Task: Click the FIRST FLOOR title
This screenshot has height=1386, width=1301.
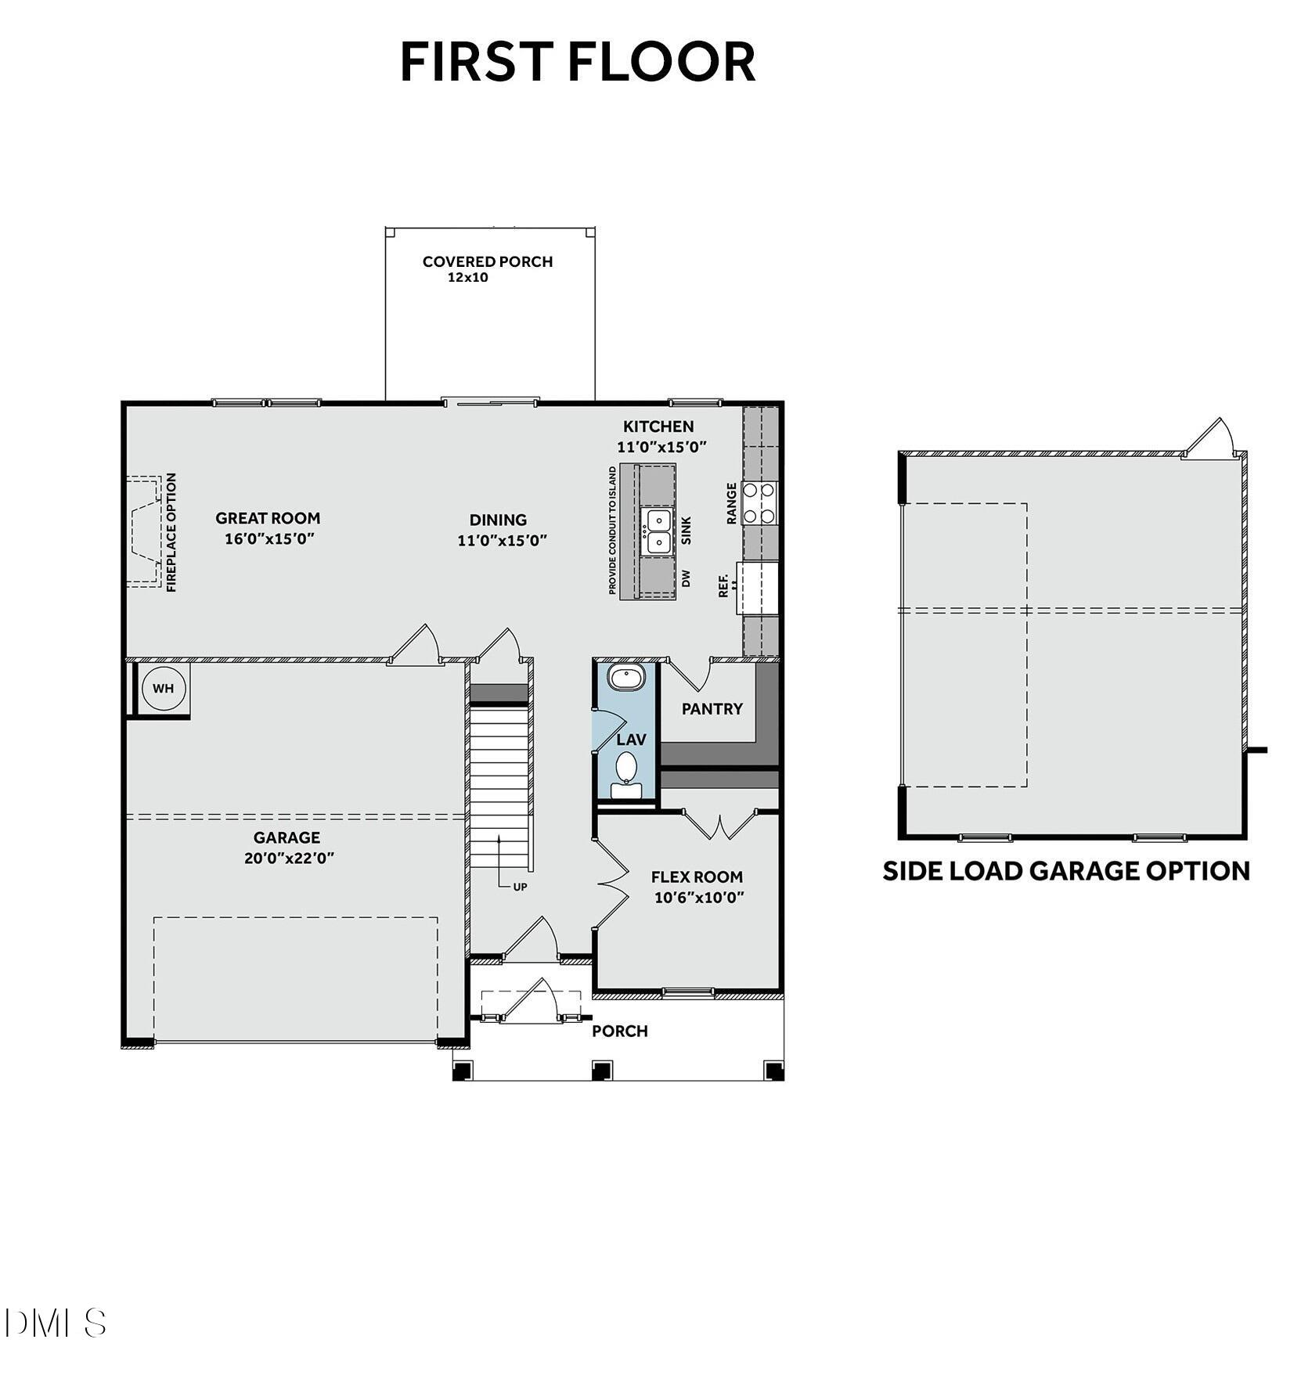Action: point(578,62)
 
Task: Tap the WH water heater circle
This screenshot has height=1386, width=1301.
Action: point(164,689)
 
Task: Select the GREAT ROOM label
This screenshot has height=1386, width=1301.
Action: point(268,518)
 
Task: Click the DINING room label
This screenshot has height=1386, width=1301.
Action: point(498,520)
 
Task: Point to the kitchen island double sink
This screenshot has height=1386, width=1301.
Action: point(657,531)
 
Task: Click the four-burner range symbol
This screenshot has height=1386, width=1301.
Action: point(759,502)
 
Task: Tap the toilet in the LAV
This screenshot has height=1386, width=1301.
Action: point(625,769)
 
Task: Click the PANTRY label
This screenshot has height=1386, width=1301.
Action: point(712,709)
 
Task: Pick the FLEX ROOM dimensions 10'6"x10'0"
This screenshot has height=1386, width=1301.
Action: point(698,897)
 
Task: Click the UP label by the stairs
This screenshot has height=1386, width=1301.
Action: point(520,887)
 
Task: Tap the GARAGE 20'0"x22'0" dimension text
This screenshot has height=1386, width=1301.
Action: point(289,858)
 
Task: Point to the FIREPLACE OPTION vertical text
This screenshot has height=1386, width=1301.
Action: point(171,531)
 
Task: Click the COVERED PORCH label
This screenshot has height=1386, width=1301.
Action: point(487,261)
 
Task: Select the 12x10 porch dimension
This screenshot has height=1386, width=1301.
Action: point(467,277)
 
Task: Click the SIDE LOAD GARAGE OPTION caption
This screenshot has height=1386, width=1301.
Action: point(1065,871)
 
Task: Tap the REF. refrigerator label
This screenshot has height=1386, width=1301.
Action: point(724,585)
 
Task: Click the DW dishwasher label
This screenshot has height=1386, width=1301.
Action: point(687,578)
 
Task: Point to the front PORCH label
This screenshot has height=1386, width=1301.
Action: point(619,1031)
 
